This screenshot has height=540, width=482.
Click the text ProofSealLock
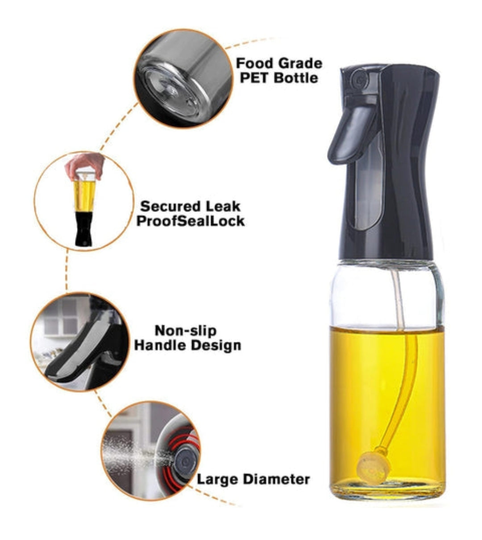[x=191, y=221]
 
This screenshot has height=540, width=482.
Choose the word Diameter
[x=276, y=479]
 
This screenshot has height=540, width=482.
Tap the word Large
[x=218, y=480]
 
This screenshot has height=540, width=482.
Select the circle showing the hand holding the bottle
[x=84, y=201]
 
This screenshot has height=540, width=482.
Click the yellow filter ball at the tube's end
[x=374, y=466]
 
